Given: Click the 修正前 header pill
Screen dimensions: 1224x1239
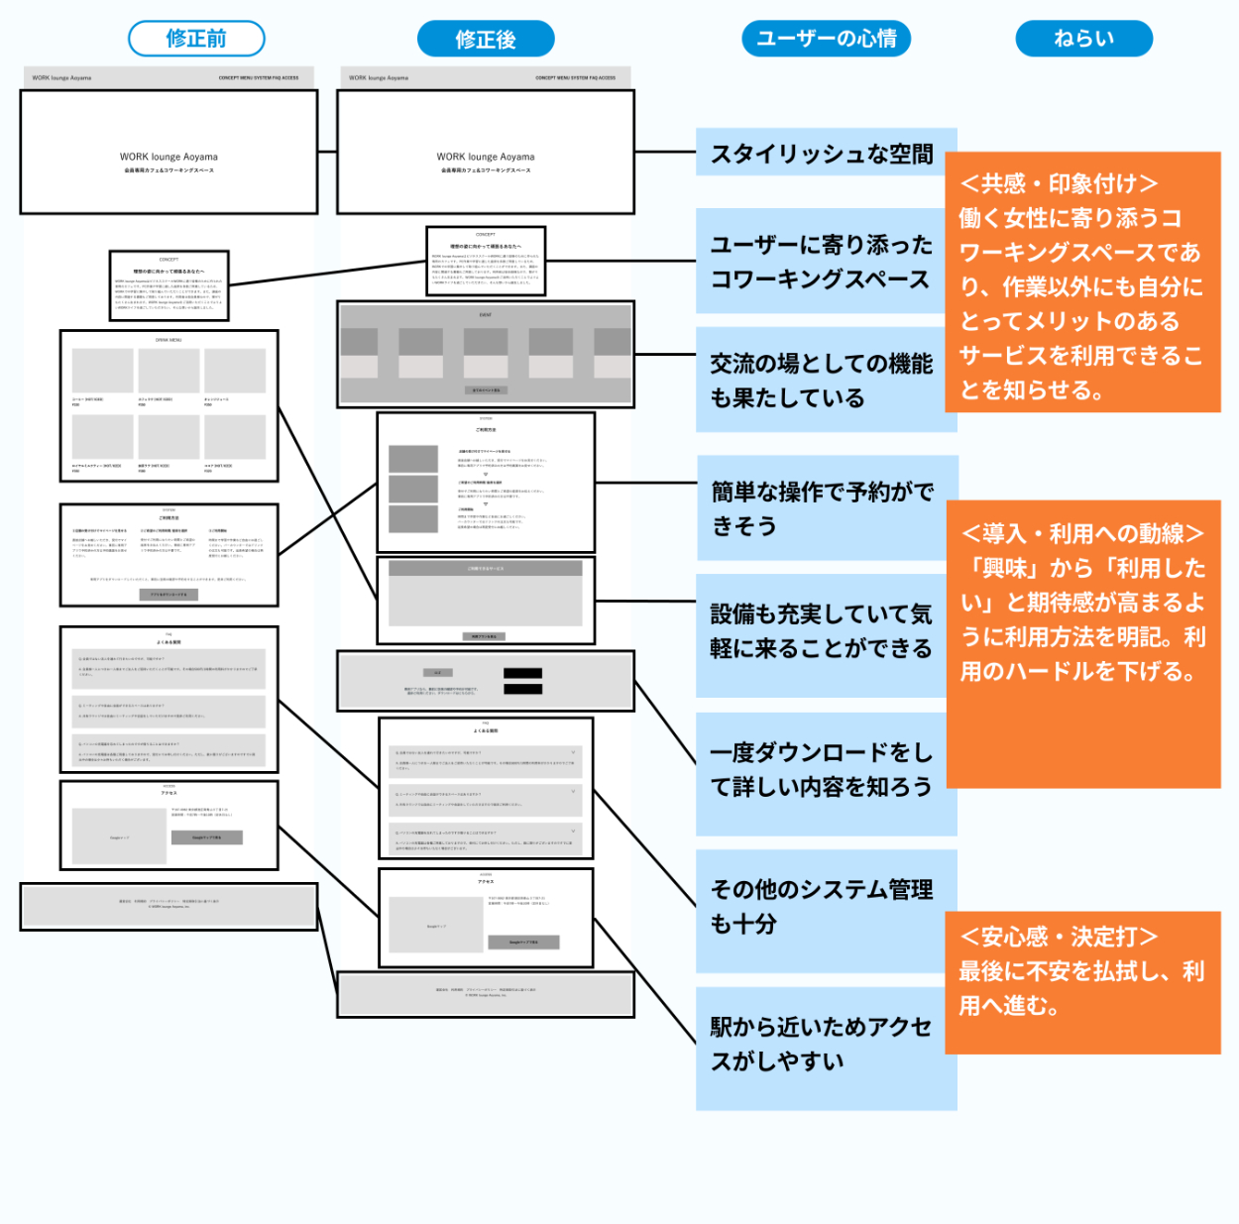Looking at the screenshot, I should click(x=196, y=39).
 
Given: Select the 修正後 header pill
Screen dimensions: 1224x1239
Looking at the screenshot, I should click(x=486, y=40).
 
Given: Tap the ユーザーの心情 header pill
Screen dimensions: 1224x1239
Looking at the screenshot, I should click(x=826, y=39).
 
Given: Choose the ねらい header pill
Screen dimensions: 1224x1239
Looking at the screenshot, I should click(x=1083, y=39).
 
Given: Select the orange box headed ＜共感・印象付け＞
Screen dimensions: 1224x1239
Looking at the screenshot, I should click(x=1082, y=283).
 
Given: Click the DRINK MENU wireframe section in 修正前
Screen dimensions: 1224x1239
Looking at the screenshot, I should click(x=169, y=406).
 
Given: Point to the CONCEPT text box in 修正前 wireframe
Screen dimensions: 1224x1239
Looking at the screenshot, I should click(x=169, y=285).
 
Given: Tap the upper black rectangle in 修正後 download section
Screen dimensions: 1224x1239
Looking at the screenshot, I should click(x=522, y=674).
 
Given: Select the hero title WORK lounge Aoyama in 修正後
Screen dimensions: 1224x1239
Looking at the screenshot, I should click(x=486, y=157).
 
